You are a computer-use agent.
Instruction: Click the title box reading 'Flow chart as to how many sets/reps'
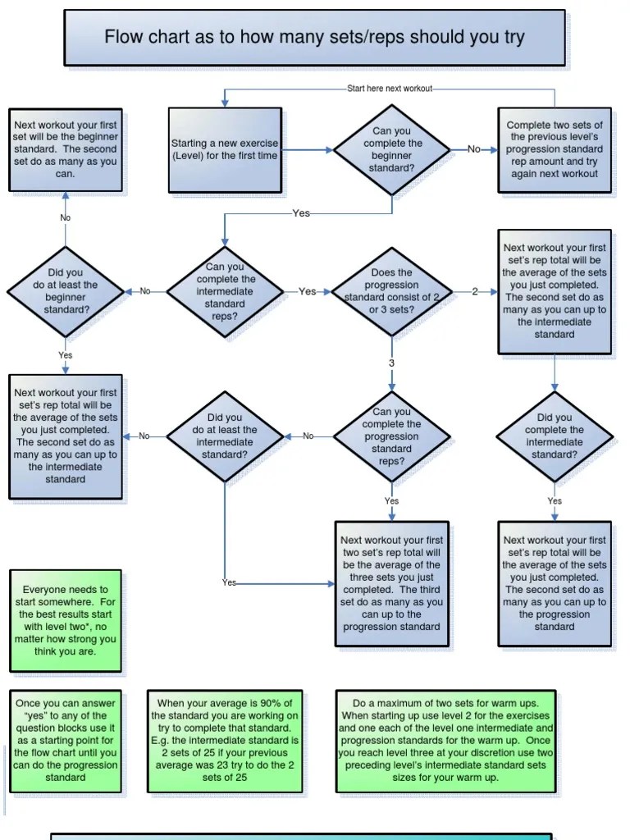pyautogui.click(x=314, y=38)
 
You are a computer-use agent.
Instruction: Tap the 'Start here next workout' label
pyautogui.click(x=390, y=89)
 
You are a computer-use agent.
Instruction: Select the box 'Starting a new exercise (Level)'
pyautogui.click(x=225, y=149)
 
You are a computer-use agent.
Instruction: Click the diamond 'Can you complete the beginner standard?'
pyautogui.click(x=391, y=149)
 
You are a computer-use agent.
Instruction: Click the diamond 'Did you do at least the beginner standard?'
pyautogui.click(x=65, y=291)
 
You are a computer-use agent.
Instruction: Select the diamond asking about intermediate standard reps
pyautogui.click(x=226, y=291)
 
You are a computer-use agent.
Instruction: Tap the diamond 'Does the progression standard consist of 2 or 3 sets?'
pyautogui.click(x=391, y=291)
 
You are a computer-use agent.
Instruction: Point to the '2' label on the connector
pyautogui.click(x=474, y=291)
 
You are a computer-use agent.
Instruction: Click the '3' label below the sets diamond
pyautogui.click(x=391, y=363)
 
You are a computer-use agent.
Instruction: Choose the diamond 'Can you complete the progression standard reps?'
pyautogui.click(x=391, y=436)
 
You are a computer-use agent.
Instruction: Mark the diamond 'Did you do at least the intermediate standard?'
pyautogui.click(x=225, y=436)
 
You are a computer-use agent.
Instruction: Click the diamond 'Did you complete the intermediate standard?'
pyautogui.click(x=555, y=436)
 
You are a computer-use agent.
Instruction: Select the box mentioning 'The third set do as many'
pyautogui.click(x=391, y=584)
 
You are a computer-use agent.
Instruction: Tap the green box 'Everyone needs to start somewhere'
pyautogui.click(x=66, y=621)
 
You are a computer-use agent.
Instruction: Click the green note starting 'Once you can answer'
pyautogui.click(x=66, y=740)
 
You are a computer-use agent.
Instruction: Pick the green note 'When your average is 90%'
pyautogui.click(x=224, y=740)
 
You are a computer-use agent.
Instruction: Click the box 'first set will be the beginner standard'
pyautogui.click(x=66, y=149)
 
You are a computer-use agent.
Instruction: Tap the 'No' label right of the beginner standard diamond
pyautogui.click(x=474, y=149)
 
